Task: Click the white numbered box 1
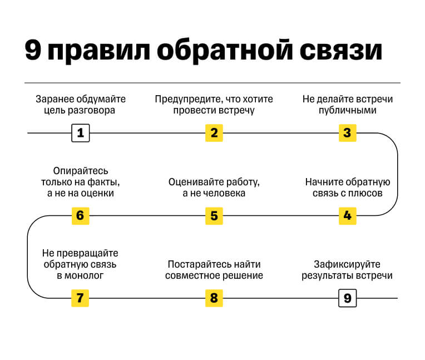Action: [x=80, y=133]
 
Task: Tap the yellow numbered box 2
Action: [x=214, y=133]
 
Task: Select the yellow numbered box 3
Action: [x=347, y=133]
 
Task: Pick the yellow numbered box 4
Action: [x=347, y=215]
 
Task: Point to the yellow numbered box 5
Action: [x=214, y=215]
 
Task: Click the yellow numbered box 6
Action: [x=80, y=215]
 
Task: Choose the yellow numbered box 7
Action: [x=80, y=298]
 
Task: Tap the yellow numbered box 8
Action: [x=214, y=298]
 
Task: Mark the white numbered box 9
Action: [x=347, y=298]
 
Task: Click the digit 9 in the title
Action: [x=32, y=51]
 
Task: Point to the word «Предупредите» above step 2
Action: [x=187, y=100]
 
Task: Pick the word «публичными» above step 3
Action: [x=348, y=110]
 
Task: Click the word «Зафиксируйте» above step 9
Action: [x=347, y=264]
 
